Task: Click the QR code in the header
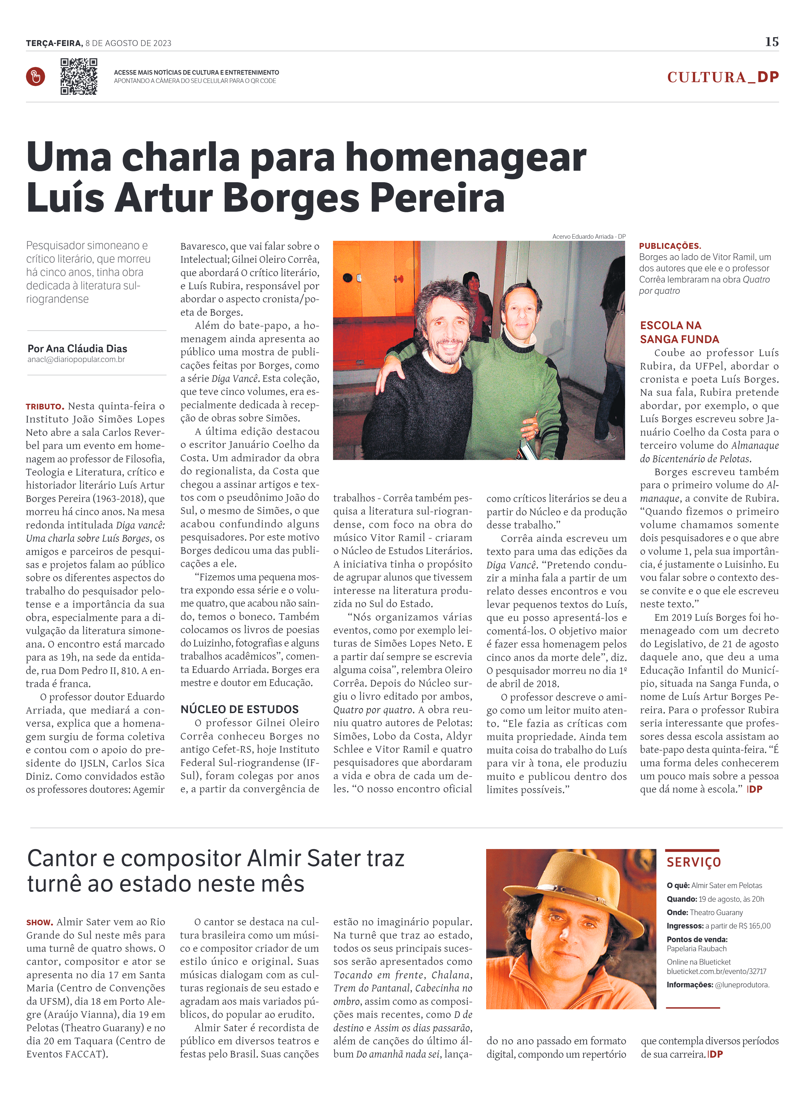coord(78,77)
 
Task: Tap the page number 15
coord(771,42)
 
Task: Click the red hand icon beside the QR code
coord(36,77)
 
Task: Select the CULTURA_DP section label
coord(723,77)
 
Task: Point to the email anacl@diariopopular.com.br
coord(76,359)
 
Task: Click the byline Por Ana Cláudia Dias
coord(77,348)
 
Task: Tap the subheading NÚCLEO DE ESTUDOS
coord(239,709)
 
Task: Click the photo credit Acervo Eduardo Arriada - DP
coord(589,236)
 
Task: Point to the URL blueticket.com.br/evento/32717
coord(716,971)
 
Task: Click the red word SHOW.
coord(39,923)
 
